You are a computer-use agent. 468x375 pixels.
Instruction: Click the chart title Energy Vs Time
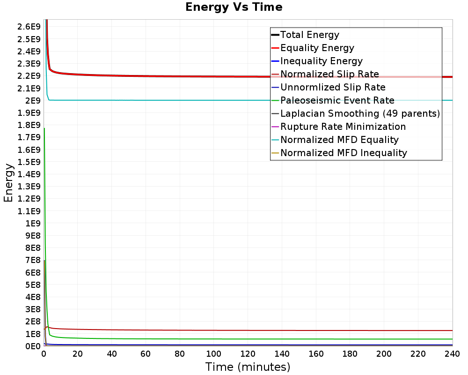point(234,7)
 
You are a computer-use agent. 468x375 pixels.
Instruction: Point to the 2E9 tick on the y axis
point(33,101)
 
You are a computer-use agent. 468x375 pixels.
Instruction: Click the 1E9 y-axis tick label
point(33,224)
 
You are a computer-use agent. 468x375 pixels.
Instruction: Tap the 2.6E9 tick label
point(29,27)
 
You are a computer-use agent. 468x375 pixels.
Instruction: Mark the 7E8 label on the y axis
point(33,261)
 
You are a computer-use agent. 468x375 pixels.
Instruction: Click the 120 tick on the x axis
point(248,354)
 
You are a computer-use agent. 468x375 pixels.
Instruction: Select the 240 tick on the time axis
point(452,354)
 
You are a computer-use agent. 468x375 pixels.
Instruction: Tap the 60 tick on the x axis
point(146,354)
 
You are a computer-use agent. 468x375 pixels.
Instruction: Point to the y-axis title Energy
point(8,183)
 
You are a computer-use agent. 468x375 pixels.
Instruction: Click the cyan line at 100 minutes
point(214,100)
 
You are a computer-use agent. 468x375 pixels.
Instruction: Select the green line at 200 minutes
point(384,339)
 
